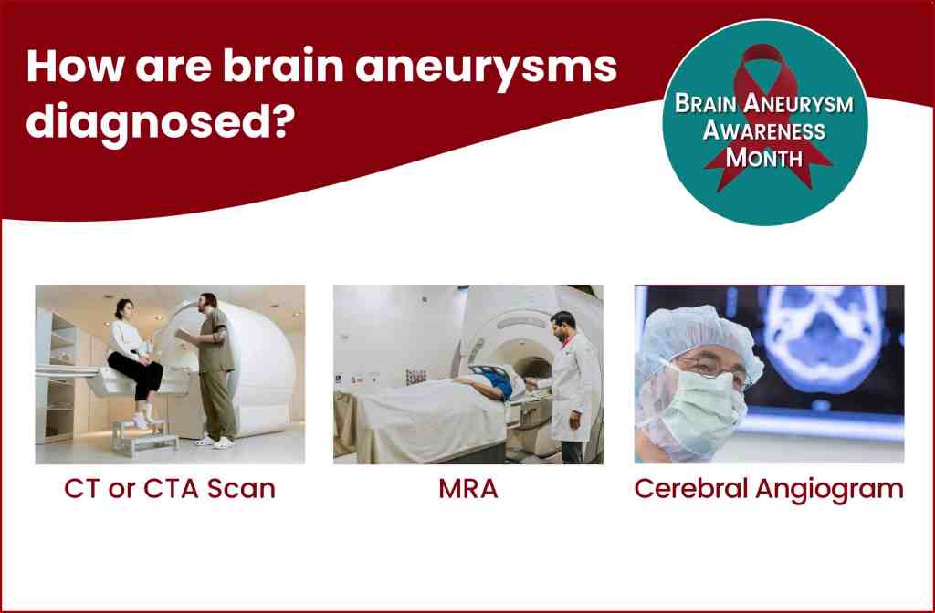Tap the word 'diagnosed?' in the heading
click(x=161, y=122)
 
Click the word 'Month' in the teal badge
click(x=764, y=158)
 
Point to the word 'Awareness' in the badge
click(x=764, y=130)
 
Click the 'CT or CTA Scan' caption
click(x=169, y=489)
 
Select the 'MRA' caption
click(x=468, y=489)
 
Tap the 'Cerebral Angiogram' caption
click(x=769, y=490)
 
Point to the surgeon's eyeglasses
click(x=712, y=369)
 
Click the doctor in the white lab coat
click(x=573, y=387)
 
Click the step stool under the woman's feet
click(x=145, y=438)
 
